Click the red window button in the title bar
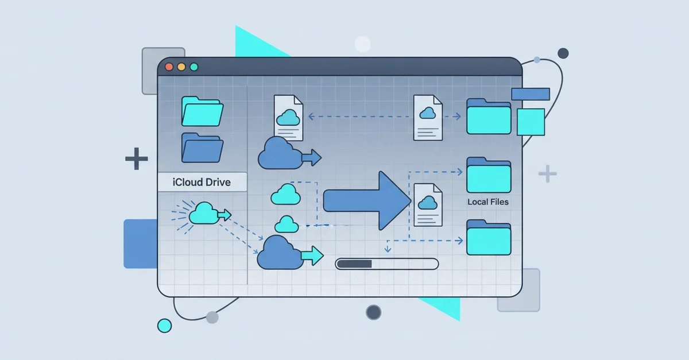pos(169,67)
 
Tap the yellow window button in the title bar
pos(181,67)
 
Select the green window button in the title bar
pos(194,67)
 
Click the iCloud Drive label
pos(202,183)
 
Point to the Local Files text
pos(488,202)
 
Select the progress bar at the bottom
pos(386,264)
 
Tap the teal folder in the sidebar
pos(202,111)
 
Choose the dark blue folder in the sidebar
pos(202,148)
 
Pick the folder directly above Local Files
pos(489,176)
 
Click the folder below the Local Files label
pos(489,237)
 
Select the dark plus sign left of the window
pos(137,158)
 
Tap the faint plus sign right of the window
pos(547,173)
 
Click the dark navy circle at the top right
pos(563,53)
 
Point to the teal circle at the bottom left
pos(165,326)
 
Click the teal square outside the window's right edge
pos(531,121)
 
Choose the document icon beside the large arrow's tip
pos(428,205)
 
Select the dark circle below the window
pos(374,312)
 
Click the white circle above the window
pos(362,44)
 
